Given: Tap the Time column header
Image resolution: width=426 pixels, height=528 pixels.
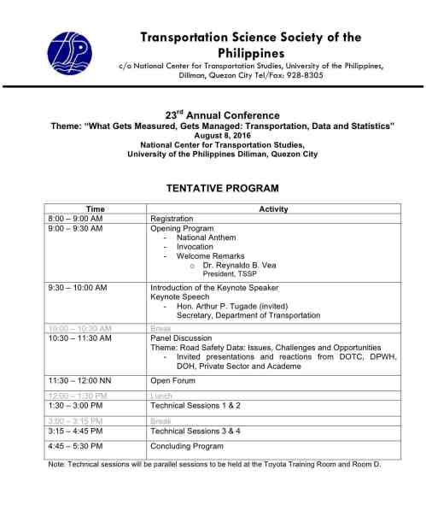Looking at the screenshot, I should point(96,209).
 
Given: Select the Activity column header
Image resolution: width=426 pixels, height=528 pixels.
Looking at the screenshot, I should point(272,209).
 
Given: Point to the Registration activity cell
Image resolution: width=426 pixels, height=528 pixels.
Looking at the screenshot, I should point(172,219).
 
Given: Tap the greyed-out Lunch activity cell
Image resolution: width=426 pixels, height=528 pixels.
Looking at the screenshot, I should point(160,396).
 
